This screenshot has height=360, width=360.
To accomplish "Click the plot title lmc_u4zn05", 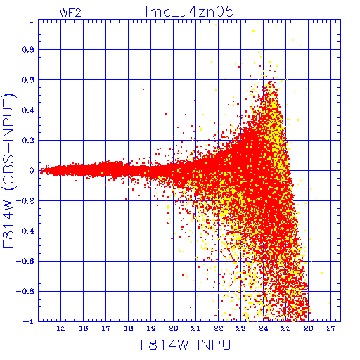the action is [189, 12].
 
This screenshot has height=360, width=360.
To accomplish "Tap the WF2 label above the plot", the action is [70, 13].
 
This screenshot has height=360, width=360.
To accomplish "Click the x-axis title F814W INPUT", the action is [190, 345].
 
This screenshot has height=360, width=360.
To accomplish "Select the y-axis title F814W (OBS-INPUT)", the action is [8, 170].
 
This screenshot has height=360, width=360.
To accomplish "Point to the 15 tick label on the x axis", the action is [61, 328].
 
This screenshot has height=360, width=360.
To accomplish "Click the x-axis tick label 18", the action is [129, 328].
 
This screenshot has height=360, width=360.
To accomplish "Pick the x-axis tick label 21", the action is [195, 328].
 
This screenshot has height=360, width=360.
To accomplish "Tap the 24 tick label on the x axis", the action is [263, 328].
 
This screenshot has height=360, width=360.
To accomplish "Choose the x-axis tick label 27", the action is [330, 328].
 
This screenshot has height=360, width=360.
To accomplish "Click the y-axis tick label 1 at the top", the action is [32, 20].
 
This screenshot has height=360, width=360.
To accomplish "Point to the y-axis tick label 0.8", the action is [28, 50].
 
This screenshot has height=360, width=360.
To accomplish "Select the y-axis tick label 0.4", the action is [28, 110].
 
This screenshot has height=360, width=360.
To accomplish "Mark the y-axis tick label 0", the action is [32, 170].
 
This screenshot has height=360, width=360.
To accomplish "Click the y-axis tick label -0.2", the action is [25, 201].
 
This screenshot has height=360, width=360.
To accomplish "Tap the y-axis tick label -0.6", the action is [25, 261].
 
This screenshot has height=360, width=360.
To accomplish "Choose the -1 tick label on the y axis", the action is [28, 321].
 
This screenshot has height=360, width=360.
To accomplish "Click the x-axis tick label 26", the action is [309, 328].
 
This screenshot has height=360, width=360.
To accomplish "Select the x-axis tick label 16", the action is [84, 328].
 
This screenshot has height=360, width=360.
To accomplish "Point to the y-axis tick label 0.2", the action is [28, 141].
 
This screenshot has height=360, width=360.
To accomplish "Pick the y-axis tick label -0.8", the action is [25, 291].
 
